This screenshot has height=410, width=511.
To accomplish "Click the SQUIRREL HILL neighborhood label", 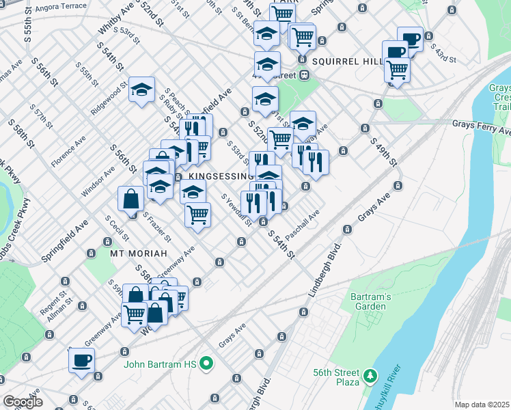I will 347,61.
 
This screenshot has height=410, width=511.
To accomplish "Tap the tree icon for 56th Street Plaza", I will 370,375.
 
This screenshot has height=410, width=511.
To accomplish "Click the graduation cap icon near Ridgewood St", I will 141,90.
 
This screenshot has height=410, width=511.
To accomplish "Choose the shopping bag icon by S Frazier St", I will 130,199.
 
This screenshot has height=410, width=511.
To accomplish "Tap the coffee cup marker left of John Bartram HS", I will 81,360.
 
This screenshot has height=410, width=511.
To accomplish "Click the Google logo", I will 23,402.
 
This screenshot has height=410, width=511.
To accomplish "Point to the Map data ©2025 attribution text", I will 481,405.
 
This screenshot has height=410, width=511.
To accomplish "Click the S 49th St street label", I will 383,152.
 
